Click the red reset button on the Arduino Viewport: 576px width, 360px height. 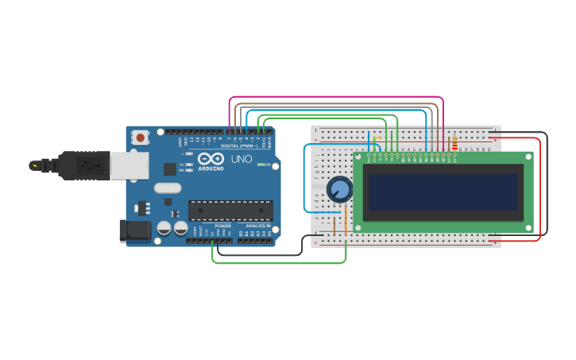141,137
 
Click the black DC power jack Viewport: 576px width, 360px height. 134,230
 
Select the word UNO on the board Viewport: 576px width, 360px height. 241,159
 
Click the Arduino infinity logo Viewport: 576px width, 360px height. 211,160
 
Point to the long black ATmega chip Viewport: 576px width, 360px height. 230,211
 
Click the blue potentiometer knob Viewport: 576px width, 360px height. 339,189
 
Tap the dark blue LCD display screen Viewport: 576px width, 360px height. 443,192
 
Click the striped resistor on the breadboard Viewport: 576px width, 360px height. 454,144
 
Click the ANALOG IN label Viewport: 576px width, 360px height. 258,226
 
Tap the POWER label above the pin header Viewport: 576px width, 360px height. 223,226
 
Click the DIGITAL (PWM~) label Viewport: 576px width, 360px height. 238,146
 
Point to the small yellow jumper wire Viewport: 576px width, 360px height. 377,140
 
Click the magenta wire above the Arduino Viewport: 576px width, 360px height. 334,98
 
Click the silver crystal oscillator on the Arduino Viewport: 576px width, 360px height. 168,188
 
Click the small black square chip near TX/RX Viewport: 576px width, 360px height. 169,168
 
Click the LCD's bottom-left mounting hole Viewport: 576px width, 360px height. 359,228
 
